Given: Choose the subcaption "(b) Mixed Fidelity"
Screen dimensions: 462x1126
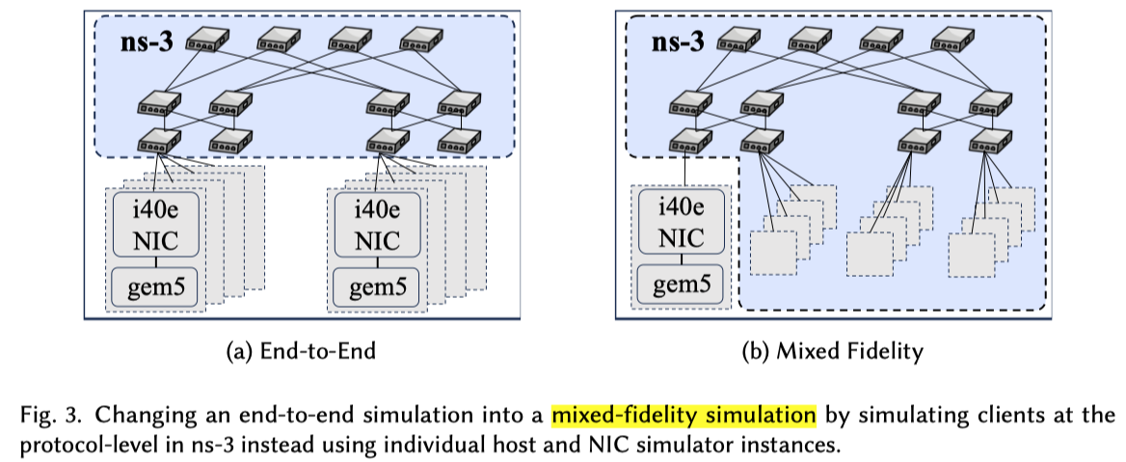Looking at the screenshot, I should (832, 352).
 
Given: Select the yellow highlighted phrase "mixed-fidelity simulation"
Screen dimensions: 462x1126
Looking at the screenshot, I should (684, 417).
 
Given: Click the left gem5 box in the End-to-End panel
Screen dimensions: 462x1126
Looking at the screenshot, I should (153, 285).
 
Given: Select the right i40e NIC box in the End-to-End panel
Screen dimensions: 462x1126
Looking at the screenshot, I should (376, 224).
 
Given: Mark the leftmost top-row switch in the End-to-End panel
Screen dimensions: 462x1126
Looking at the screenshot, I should (205, 40).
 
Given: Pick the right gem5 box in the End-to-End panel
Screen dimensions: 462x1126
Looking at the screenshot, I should (376, 285).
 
